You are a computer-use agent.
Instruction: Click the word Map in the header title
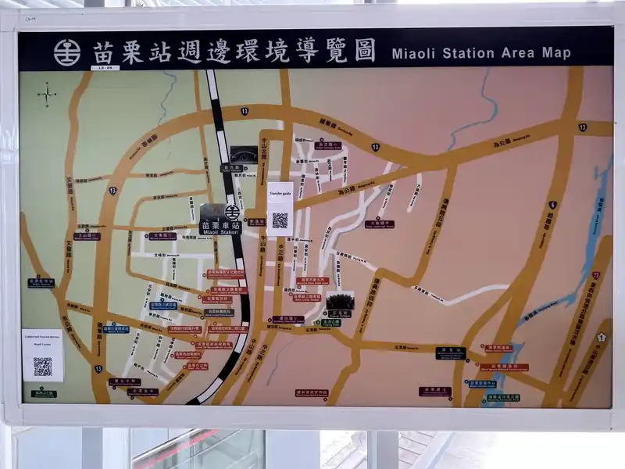pyautogui.click(x=556, y=53)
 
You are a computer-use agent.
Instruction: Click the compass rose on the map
pyautogui.click(x=47, y=95)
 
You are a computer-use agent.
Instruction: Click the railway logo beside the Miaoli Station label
pyautogui.click(x=232, y=212)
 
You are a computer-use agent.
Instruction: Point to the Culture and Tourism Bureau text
pyautogui.click(x=42, y=338)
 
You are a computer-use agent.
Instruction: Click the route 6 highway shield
pyautogui.click(x=552, y=205)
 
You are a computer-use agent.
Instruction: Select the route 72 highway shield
pyautogui.click(x=596, y=275)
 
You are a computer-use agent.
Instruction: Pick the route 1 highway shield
pyautogui.click(x=601, y=337)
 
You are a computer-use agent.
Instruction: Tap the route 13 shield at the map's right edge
pyautogui.click(x=583, y=127)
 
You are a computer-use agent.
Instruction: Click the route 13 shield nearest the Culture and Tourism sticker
pyautogui.click(x=98, y=368)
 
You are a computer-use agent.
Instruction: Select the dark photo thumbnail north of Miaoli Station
pyautogui.click(x=243, y=154)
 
